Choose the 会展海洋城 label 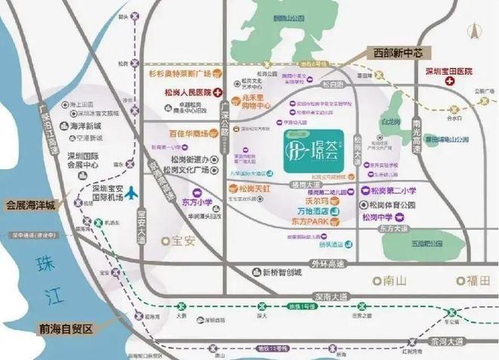30,205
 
